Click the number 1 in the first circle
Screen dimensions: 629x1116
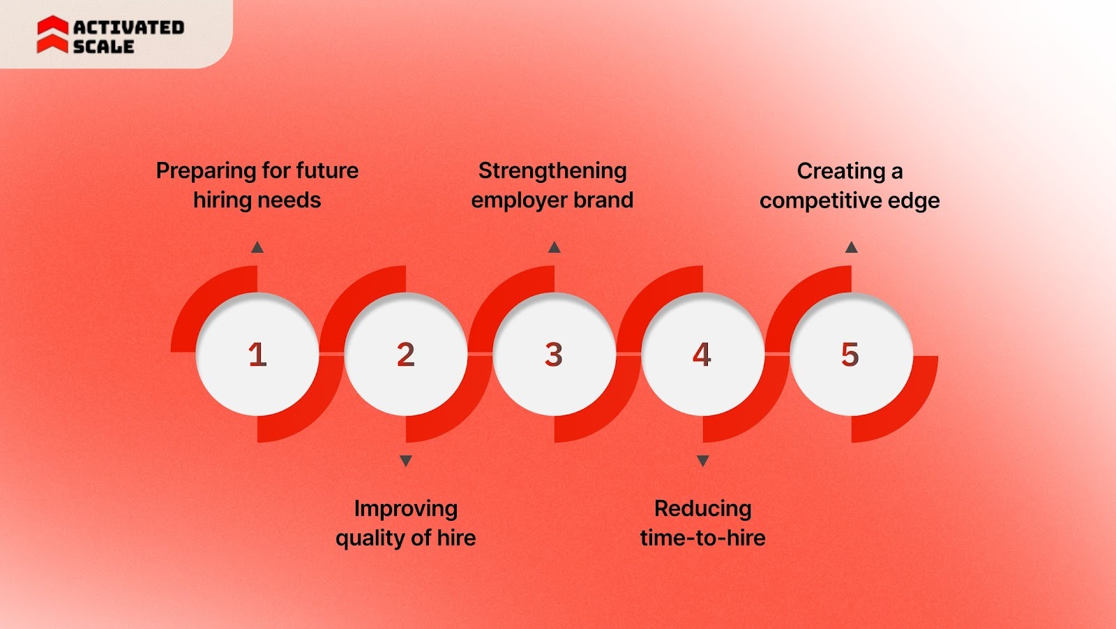pos(257,355)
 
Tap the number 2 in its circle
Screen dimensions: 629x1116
pos(406,355)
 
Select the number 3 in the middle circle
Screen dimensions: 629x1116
pos(554,355)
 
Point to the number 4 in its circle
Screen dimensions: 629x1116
pos(702,355)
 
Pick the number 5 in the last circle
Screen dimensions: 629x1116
pos(850,355)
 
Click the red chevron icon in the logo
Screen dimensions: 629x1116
pos(52,35)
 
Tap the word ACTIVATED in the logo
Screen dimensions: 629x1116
pos(129,27)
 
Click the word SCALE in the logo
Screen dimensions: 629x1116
pos(103,46)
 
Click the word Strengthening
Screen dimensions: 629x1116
pos(552,171)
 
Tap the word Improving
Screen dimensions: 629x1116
pos(406,509)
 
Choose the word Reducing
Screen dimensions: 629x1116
pos(703,509)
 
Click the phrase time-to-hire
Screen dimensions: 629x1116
pos(703,538)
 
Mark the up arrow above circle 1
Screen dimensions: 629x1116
pos(257,247)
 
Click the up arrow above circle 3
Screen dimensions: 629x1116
pos(555,247)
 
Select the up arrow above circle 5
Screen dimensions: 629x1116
pos(851,247)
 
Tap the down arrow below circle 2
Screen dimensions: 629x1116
pos(406,461)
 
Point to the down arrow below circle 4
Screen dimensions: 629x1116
pos(703,461)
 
